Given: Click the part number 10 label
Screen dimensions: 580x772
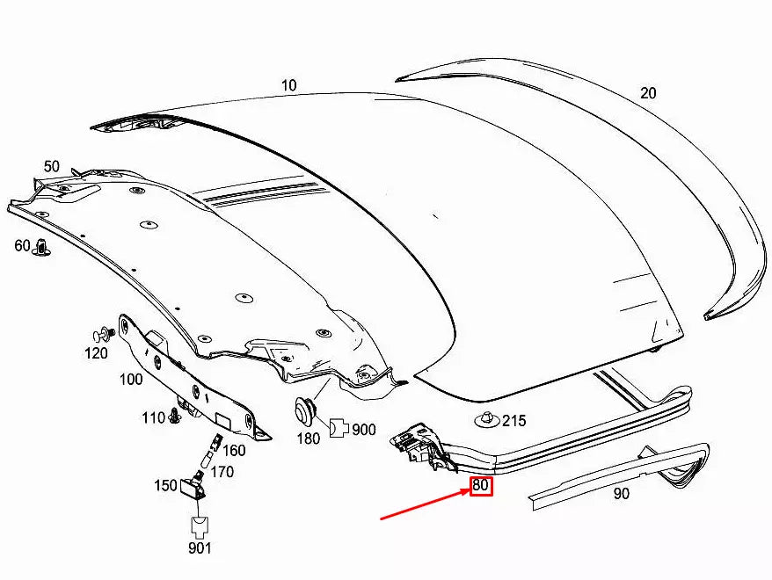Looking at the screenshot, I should pyautogui.click(x=289, y=85).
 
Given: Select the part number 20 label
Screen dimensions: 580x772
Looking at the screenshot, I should pyautogui.click(x=648, y=93).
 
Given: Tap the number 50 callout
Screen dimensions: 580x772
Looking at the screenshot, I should pyautogui.click(x=52, y=166).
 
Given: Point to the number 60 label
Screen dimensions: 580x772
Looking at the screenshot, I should pyautogui.click(x=22, y=245).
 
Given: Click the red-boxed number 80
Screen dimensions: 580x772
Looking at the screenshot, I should pyautogui.click(x=481, y=485).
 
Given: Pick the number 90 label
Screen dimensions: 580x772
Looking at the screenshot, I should pyautogui.click(x=621, y=494).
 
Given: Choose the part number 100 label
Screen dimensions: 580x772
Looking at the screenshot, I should pyautogui.click(x=131, y=380).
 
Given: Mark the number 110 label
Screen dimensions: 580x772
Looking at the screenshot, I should pyautogui.click(x=153, y=417).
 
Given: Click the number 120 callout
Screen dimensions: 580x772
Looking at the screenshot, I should pyautogui.click(x=96, y=353).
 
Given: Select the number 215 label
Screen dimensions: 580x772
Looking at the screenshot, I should pyautogui.click(x=513, y=421).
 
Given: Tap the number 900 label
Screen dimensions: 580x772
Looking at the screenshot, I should pyautogui.click(x=363, y=429).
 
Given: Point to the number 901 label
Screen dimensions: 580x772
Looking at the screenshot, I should pyautogui.click(x=199, y=549).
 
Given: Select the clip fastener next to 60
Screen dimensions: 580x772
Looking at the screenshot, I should pyautogui.click(x=40, y=250).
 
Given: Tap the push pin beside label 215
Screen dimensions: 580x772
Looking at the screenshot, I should pyautogui.click(x=485, y=418).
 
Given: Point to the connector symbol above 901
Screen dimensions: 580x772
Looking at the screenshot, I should pyautogui.click(x=199, y=526).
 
